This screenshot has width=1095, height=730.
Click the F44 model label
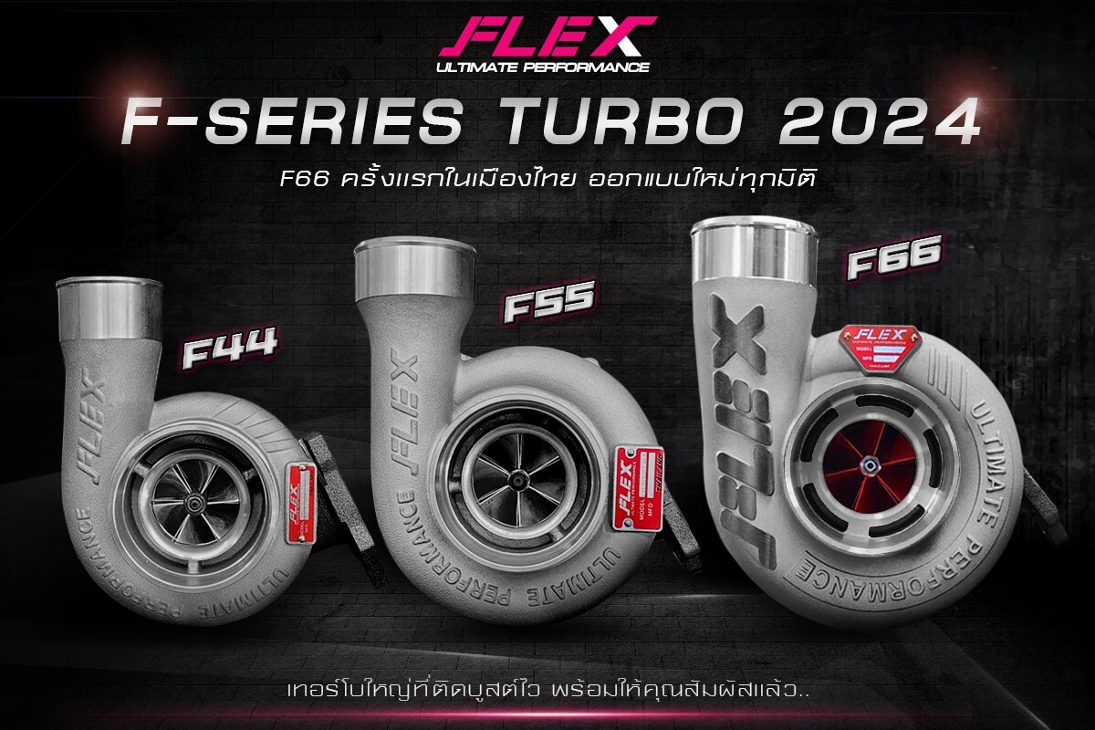tap(228, 352)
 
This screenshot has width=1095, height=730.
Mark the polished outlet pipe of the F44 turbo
tap(109, 308)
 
